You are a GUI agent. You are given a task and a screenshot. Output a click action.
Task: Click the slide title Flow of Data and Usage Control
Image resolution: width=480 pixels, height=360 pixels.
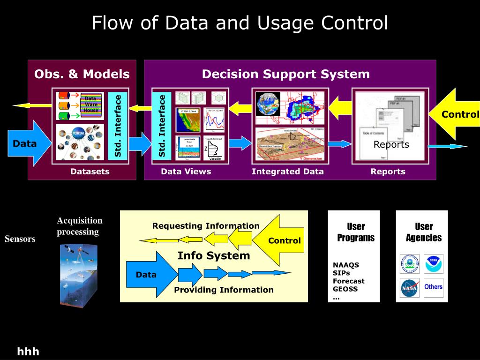240,23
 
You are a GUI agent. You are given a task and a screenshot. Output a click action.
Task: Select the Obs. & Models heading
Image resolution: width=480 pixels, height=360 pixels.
82,74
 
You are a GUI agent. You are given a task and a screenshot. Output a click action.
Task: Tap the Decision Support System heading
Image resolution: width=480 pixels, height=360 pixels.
285,74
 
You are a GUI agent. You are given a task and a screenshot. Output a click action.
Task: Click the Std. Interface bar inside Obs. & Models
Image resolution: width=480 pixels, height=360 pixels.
118,126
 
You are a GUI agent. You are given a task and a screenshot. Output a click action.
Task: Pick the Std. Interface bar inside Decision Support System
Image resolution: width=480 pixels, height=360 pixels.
162,126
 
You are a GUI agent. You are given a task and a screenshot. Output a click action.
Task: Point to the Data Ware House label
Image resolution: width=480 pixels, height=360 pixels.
91,105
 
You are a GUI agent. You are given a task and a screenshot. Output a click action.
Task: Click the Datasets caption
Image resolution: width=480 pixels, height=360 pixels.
90,172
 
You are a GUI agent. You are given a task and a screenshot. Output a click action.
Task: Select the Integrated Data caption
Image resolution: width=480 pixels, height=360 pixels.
287,172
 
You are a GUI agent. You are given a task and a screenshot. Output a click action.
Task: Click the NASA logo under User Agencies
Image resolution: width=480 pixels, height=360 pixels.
409,288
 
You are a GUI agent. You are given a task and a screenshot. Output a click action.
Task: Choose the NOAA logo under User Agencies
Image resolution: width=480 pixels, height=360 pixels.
433,264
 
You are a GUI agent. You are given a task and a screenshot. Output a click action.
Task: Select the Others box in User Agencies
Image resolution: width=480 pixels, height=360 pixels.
433,287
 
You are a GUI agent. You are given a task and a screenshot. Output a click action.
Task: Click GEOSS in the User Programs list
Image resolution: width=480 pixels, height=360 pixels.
345,289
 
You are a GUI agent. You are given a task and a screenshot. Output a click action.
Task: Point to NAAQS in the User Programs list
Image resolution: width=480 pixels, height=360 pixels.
346,265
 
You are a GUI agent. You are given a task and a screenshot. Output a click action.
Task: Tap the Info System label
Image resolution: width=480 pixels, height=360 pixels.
214,256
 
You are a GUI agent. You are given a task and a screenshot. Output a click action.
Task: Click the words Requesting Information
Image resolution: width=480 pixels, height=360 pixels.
206,226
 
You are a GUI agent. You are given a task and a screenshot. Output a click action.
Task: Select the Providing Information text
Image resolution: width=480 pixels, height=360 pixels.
224,290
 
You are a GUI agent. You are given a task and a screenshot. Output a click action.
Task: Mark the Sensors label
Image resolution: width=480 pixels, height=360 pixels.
20,239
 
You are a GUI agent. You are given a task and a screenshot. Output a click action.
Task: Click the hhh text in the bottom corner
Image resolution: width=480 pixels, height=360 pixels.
28,352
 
